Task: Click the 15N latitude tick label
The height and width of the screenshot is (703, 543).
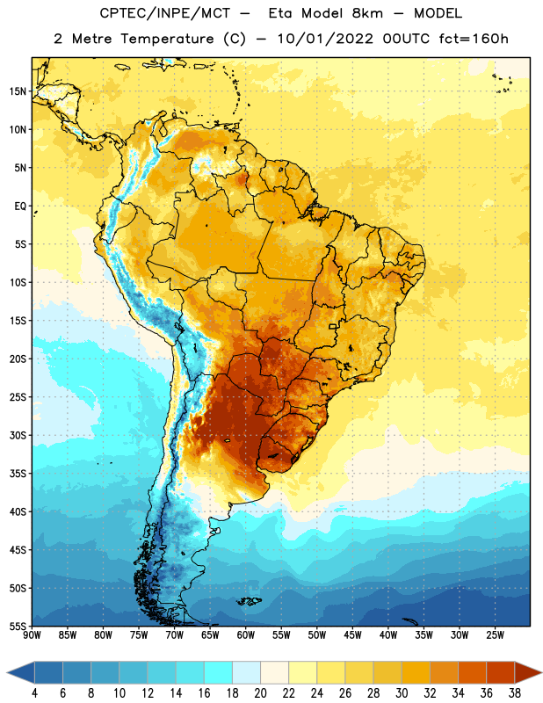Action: (x=18, y=91)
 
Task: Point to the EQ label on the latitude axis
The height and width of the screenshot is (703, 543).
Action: (x=20, y=207)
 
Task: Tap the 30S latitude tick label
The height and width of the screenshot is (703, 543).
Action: (x=18, y=435)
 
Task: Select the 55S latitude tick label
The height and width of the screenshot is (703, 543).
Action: (x=18, y=627)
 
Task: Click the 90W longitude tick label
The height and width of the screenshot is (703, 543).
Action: (x=32, y=635)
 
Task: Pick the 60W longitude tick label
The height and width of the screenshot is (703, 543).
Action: (x=246, y=635)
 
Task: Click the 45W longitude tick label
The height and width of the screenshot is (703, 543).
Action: (x=352, y=635)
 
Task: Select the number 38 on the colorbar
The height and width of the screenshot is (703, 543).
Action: (x=514, y=693)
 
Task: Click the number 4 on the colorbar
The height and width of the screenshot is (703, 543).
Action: (x=34, y=693)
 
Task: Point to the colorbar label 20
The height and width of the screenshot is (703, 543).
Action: (x=260, y=693)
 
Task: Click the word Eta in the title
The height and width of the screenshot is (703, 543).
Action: (x=280, y=13)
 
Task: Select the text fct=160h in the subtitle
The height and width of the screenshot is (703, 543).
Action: (x=474, y=39)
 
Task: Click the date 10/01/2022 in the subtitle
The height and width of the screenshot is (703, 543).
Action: (x=325, y=39)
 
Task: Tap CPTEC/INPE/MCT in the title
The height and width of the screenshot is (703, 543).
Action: (x=164, y=13)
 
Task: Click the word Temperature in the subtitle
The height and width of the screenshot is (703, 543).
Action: (x=167, y=40)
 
